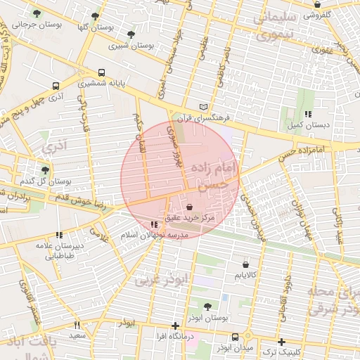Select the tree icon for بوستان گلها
click(x=95, y=15)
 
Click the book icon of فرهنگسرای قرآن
click(x=204, y=105)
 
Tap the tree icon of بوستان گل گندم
click(x=46, y=169)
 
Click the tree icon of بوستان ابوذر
click(x=207, y=307)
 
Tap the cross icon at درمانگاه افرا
click(x=175, y=326)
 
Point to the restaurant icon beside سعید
click(x=77, y=325)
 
